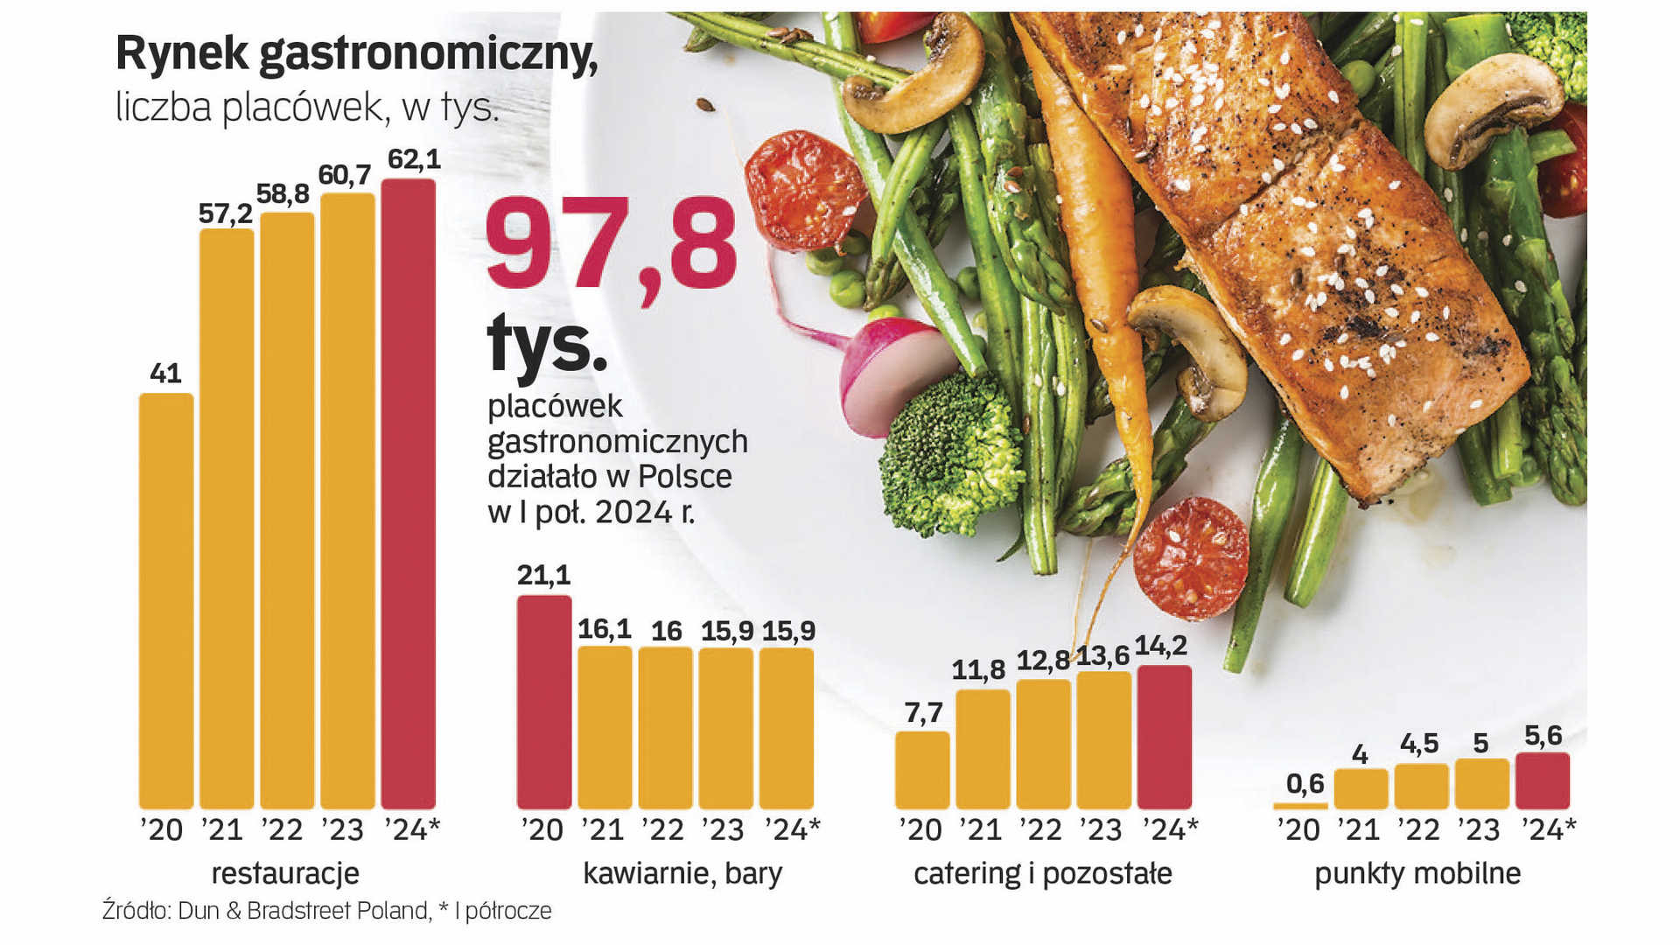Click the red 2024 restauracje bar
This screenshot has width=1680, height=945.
pyautogui.click(x=408, y=494)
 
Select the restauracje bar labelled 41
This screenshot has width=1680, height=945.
pyautogui.click(x=166, y=601)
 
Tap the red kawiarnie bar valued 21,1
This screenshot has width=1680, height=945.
pyautogui.click(x=543, y=703)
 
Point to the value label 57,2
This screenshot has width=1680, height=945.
pyautogui.click(x=226, y=213)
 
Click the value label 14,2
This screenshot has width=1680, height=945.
pyautogui.click(x=1161, y=646)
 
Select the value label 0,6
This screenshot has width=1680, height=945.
pyautogui.click(x=1305, y=783)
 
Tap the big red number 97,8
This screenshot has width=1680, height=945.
pyautogui.click(x=611, y=245)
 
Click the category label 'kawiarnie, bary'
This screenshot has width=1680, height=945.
pyautogui.click(x=682, y=873)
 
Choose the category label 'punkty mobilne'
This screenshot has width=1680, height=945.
pyautogui.click(x=1417, y=873)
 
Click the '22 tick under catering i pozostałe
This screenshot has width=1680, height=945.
pyautogui.click(x=1040, y=829)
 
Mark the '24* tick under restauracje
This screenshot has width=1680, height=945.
pyautogui.click(x=412, y=829)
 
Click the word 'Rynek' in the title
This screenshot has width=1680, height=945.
pyautogui.click(x=182, y=54)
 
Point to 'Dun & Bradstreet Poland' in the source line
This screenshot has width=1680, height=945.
pyautogui.click(x=304, y=911)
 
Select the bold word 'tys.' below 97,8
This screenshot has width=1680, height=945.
pyautogui.click(x=547, y=345)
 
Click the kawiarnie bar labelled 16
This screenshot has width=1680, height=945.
pyautogui.click(x=665, y=728)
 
